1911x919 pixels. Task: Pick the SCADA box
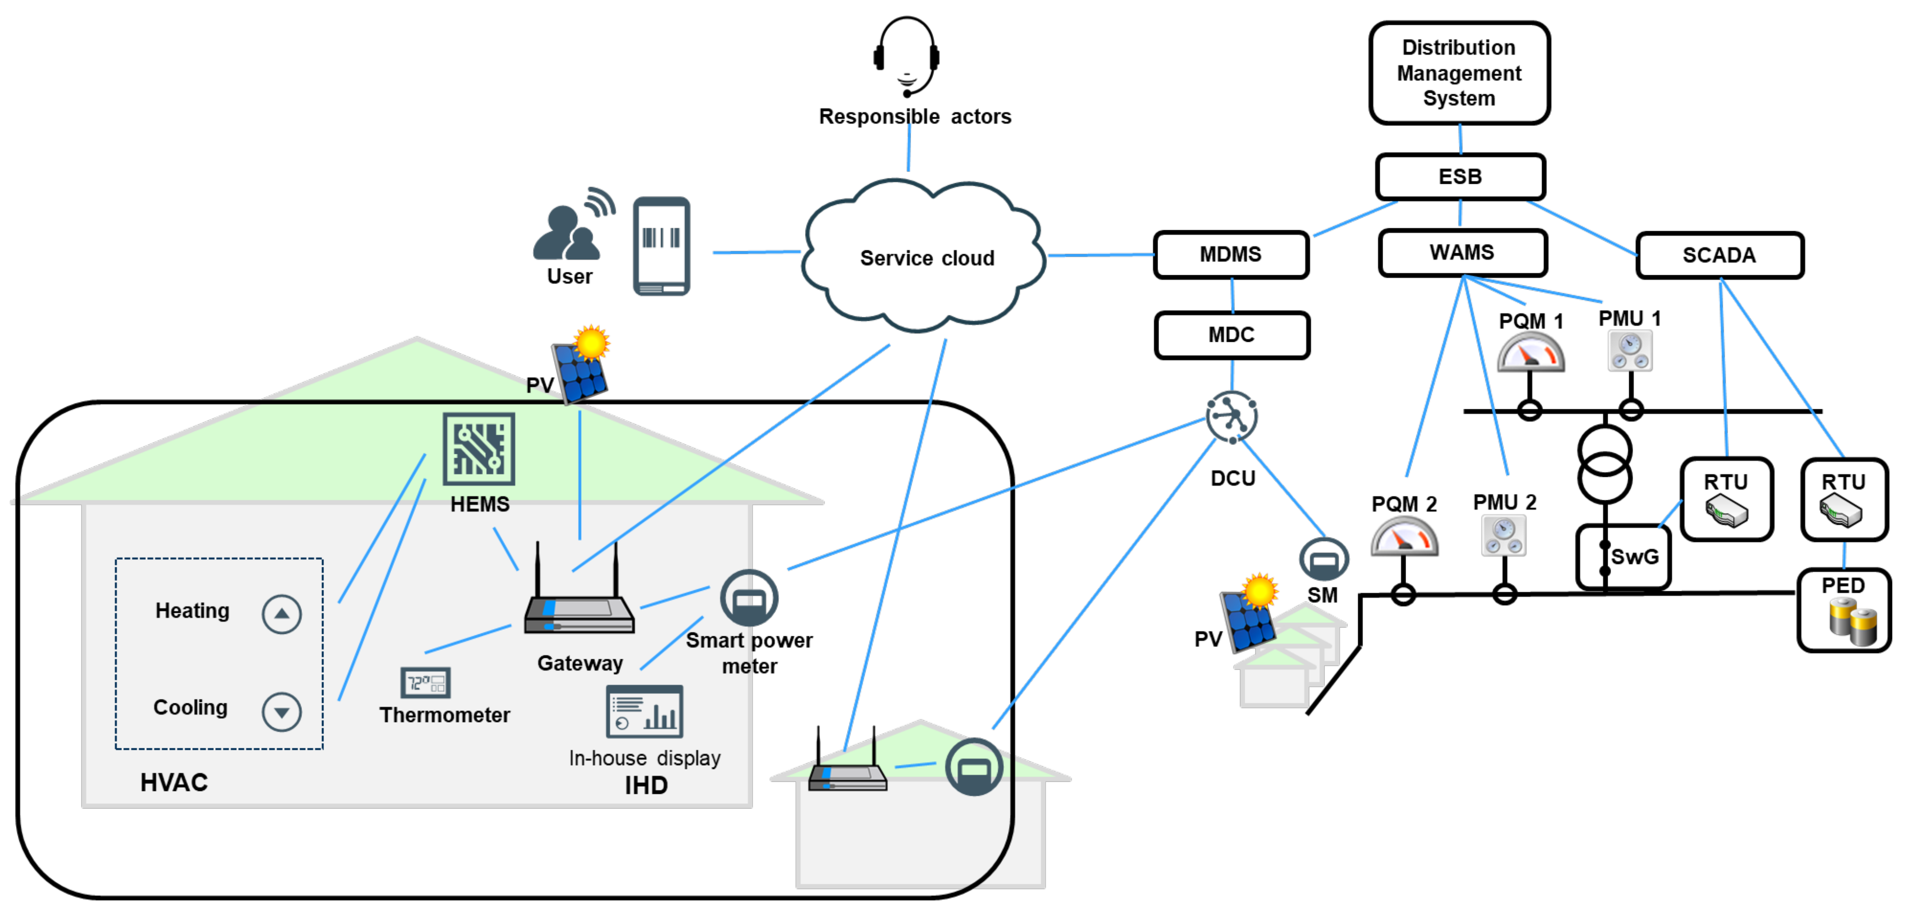point(1718,255)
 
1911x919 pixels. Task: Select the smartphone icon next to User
point(661,246)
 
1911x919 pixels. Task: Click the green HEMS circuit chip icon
point(479,449)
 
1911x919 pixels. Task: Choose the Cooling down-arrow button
point(281,711)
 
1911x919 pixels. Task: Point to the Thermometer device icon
point(425,682)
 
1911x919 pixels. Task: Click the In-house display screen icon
point(644,710)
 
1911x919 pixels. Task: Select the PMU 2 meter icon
point(1503,535)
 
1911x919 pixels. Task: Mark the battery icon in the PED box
point(1852,622)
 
